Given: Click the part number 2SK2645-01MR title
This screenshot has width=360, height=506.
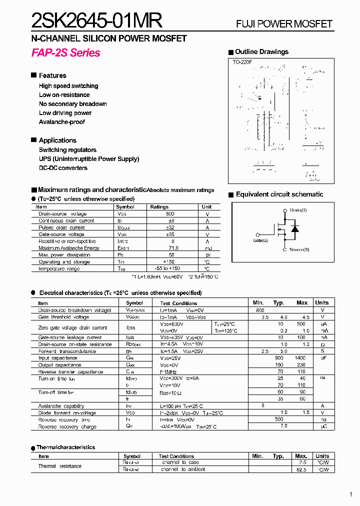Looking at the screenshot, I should [96, 21].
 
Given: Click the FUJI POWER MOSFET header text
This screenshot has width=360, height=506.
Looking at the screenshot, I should [284, 24].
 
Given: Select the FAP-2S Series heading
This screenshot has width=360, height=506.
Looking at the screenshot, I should [65, 53].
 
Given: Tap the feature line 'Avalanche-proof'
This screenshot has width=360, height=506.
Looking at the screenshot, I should [62, 122].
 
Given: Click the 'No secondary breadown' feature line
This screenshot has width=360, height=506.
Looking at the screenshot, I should [73, 104].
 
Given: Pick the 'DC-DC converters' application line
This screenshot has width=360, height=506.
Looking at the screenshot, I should [63, 168].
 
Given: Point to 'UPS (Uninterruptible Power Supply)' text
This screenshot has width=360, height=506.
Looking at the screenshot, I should [89, 159].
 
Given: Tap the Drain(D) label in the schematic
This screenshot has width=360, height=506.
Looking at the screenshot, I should [298, 210].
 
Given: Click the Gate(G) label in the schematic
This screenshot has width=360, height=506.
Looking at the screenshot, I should [260, 240].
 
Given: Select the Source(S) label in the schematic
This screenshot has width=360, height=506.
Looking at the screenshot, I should [299, 249].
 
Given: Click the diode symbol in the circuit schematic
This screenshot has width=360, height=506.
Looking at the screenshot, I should [295, 229].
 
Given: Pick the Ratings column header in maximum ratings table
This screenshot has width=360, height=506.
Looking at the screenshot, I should [159, 207].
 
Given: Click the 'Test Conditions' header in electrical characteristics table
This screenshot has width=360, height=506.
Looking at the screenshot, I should [178, 303].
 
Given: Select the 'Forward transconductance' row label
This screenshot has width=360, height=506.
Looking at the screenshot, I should [67, 351].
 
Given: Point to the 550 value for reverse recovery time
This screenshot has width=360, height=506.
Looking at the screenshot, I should [279, 419].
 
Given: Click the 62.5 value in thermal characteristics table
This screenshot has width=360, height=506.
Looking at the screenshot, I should [301, 469].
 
